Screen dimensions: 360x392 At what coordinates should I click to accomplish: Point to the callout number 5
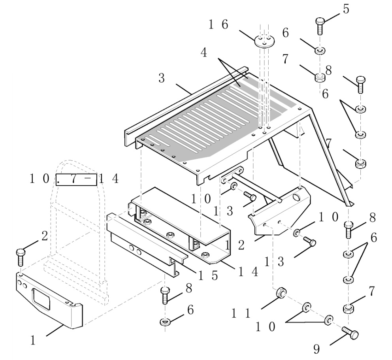[346, 9]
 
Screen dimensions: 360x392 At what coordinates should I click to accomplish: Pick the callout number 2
[44, 236]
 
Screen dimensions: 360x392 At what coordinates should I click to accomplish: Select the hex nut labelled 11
[280, 293]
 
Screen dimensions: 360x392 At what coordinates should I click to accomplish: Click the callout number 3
[161, 78]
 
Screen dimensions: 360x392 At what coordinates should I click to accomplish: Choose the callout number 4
[204, 53]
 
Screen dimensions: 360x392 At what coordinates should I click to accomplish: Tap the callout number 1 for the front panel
[34, 339]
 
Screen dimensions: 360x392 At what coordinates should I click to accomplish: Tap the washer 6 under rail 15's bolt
[165, 321]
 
